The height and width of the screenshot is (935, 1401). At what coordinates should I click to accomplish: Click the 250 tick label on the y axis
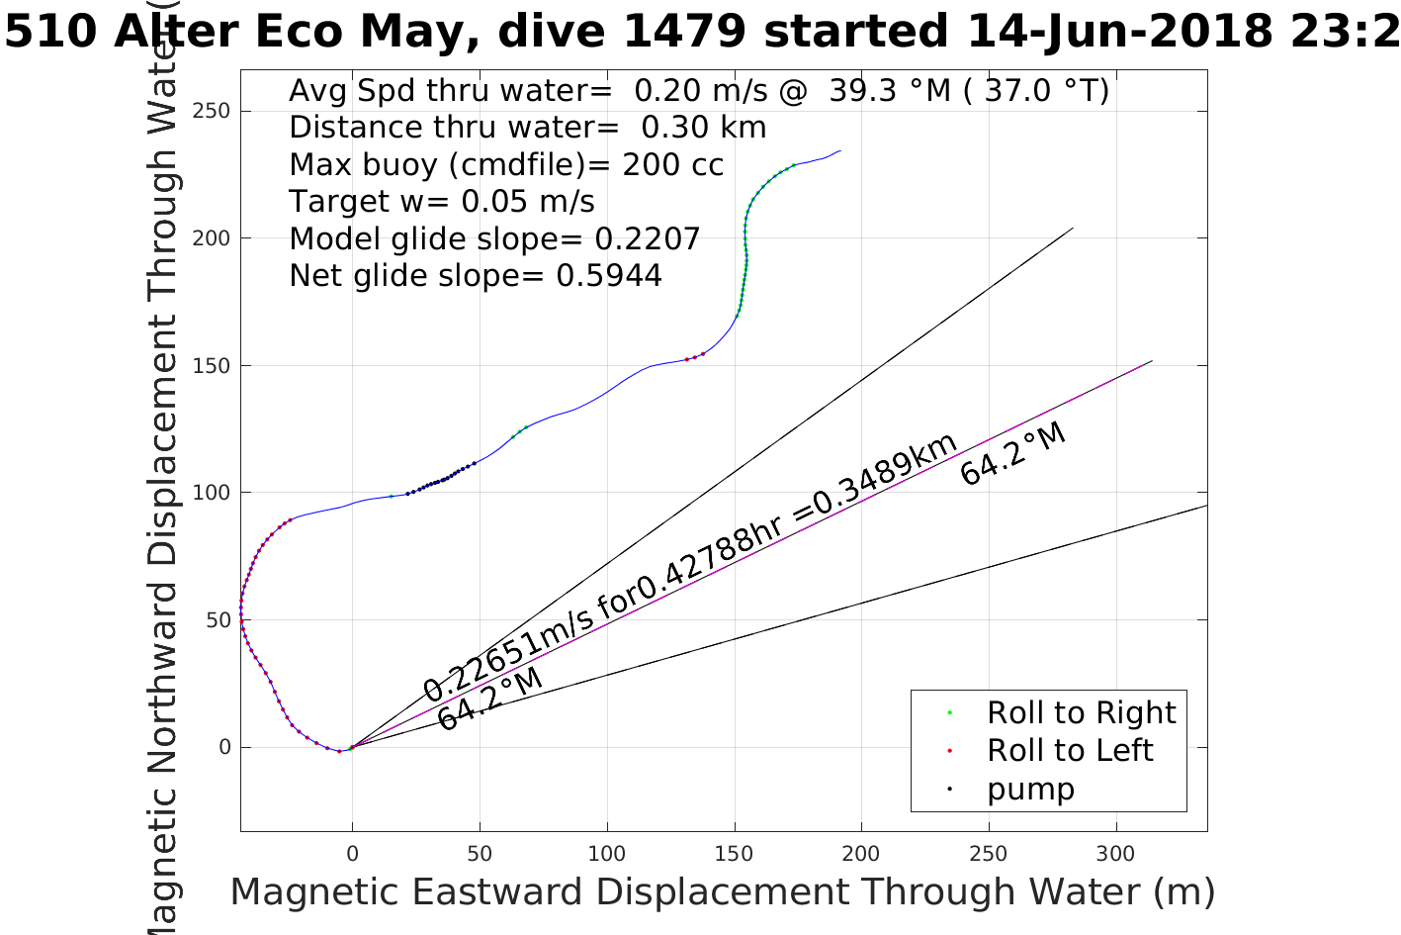211,111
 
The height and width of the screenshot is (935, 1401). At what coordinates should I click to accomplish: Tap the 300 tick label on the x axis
1116,854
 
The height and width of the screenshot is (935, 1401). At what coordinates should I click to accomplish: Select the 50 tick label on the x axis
480,854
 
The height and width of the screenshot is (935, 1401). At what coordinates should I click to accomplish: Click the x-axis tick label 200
861,854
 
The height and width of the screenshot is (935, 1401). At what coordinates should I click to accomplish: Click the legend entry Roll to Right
1081,712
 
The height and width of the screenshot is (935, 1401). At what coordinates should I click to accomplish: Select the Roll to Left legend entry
1070,750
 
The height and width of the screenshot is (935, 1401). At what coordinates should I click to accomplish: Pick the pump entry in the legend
1030,789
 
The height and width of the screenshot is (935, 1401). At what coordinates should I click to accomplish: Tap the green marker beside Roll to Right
949,712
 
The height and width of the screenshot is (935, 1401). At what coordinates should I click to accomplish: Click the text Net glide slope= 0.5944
476,275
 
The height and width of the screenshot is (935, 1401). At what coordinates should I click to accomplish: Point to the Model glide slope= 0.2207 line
494,238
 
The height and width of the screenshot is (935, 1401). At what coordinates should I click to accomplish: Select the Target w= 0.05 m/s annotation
442,202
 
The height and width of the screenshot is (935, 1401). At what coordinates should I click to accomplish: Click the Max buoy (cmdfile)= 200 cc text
506,164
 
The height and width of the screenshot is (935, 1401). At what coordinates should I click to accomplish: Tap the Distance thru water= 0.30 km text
527,128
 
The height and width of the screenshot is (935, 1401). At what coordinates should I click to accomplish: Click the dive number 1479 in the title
684,32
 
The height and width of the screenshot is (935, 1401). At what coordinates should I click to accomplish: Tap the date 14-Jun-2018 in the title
1118,32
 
